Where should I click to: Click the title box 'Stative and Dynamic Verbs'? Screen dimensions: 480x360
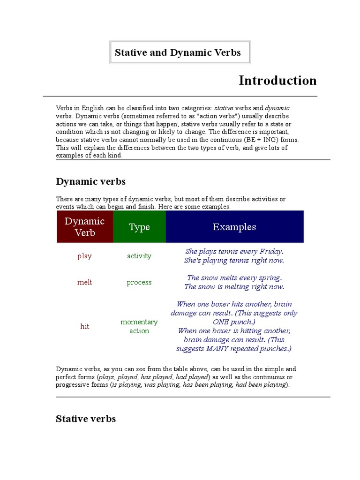[x=178, y=52]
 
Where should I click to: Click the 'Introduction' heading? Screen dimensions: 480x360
[x=277, y=81]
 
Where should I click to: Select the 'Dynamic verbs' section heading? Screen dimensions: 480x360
[x=90, y=181]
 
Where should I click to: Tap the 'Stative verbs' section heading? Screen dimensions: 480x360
[x=86, y=419]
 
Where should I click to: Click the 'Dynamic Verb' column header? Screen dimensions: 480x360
[x=85, y=227]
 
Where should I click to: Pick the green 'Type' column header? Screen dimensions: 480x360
[x=139, y=227]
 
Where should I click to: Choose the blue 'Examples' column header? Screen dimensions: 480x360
[x=234, y=227]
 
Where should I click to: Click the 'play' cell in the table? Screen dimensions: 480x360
[x=85, y=256]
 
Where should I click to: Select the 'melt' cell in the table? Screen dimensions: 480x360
[x=85, y=282]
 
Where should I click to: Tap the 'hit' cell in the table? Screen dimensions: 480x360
[x=85, y=326]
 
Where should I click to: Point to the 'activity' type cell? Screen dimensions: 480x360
[x=139, y=256]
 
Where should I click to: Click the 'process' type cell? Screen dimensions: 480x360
[x=139, y=282]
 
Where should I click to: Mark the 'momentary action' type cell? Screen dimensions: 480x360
[x=139, y=326]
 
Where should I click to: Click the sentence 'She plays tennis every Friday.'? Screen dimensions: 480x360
[x=234, y=251]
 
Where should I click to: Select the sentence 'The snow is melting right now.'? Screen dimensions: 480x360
[x=234, y=287]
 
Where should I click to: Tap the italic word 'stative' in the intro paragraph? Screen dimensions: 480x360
[x=224, y=108]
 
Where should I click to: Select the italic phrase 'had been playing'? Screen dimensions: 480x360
[x=260, y=385]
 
